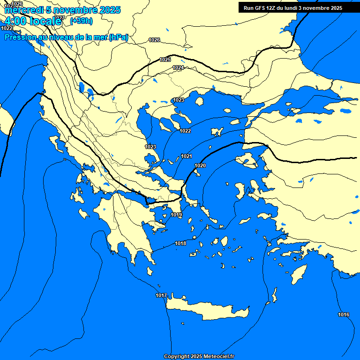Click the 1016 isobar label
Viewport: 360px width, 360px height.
tap(344, 315)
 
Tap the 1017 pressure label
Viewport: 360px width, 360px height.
tap(161, 295)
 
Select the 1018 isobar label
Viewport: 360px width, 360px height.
tap(180, 243)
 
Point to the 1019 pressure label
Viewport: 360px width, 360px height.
tap(176, 215)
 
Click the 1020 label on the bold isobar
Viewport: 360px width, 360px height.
tap(200, 165)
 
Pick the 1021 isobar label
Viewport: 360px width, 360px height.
tap(187, 156)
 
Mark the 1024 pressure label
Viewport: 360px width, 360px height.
tap(178, 68)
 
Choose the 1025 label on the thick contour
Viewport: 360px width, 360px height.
tap(165, 60)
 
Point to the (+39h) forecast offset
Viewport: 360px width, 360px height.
tap(81, 21)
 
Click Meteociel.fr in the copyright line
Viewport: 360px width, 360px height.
tap(218, 357)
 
